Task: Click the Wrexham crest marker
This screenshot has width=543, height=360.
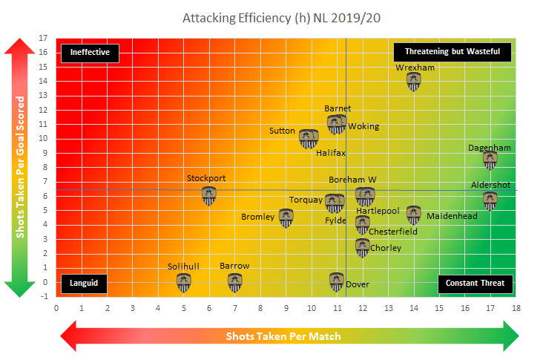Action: coord(414,81)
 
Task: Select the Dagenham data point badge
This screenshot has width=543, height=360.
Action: coord(490,159)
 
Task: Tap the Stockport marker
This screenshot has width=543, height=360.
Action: coord(210,195)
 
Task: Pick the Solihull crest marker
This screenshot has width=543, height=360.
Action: coord(184,282)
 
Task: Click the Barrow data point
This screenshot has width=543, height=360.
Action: coord(235,282)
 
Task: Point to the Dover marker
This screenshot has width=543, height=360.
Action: coord(337,281)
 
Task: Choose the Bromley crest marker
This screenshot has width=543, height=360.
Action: coord(286,217)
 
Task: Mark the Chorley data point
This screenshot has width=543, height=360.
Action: coord(363,247)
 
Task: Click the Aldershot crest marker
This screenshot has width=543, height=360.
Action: coord(490,199)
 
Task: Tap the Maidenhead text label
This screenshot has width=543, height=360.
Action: coord(452,216)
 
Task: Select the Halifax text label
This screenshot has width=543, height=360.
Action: coord(331,153)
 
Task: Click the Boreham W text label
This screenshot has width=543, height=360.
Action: coord(353,180)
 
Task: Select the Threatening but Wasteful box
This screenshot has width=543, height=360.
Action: coord(452,52)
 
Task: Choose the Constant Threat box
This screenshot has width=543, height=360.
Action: coord(474,283)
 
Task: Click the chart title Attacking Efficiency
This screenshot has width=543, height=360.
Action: coord(270,16)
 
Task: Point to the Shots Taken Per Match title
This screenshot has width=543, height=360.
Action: coord(283,336)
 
